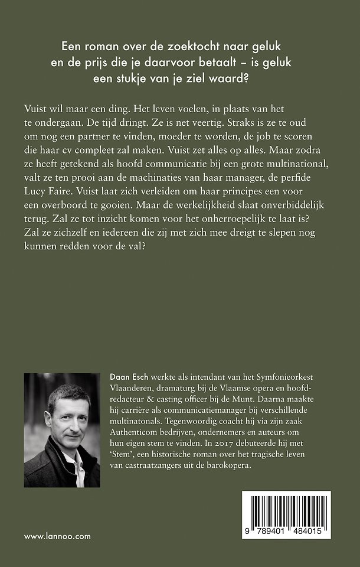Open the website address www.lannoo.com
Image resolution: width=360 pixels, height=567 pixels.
pos(58,536)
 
